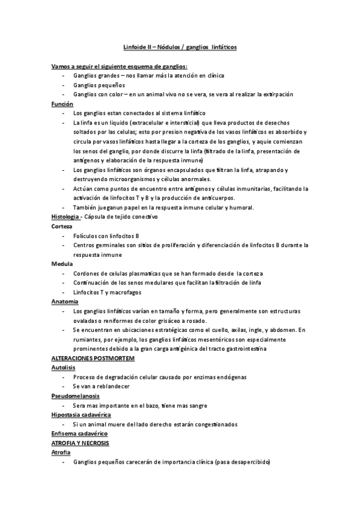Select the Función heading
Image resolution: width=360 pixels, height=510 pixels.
(63, 104)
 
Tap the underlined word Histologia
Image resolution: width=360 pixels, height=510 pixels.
(66, 217)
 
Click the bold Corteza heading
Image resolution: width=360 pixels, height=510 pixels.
(63, 226)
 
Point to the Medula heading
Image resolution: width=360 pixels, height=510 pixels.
(63, 263)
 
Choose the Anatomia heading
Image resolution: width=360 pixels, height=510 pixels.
(64, 301)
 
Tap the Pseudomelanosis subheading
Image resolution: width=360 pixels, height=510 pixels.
(76, 395)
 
